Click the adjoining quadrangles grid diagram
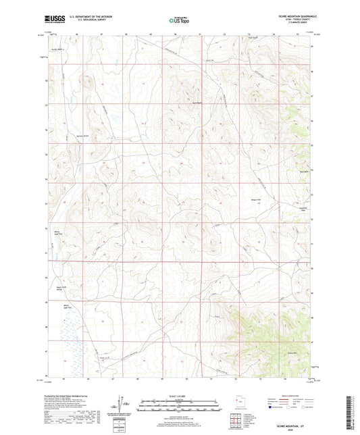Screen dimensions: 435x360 (x=238, y=423)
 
